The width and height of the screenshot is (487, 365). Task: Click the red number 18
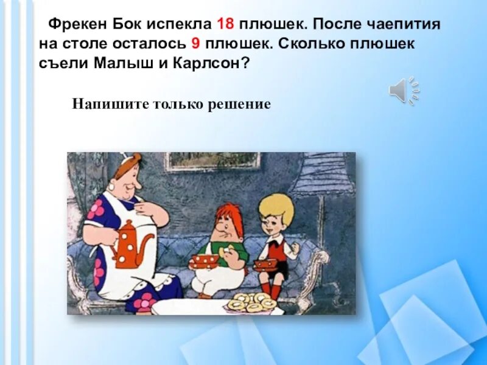[225, 26]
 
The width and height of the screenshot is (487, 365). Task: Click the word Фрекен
[79, 26]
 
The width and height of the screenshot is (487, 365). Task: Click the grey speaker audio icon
[402, 91]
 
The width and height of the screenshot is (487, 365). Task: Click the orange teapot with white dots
[130, 243]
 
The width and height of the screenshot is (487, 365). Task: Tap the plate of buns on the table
[251, 301]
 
